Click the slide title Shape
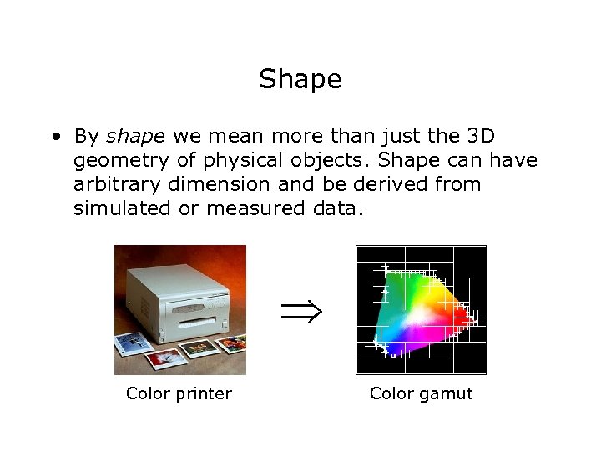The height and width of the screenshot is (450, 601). point(300,80)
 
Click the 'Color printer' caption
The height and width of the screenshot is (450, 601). point(179,393)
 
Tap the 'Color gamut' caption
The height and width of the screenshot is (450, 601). point(421,393)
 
